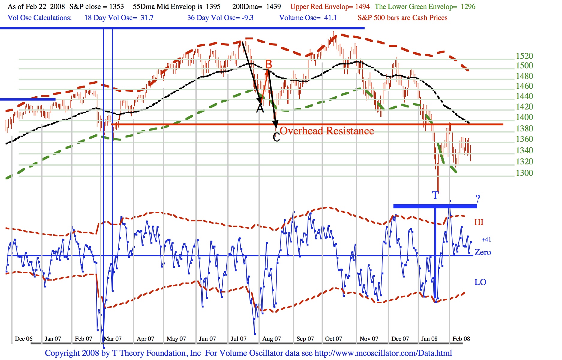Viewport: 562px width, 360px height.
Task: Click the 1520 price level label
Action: [x=524, y=56]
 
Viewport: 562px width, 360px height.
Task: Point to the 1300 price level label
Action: [x=524, y=173]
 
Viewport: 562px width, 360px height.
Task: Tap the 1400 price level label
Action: [x=524, y=117]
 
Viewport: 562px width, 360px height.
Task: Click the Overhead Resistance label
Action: [x=327, y=131]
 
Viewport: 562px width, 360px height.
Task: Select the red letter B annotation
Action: [x=269, y=64]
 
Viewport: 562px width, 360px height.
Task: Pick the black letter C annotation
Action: [x=276, y=137]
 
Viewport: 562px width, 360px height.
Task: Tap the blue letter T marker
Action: [x=435, y=196]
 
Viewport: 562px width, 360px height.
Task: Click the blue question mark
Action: [x=478, y=199]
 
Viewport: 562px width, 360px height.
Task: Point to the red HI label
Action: [x=479, y=222]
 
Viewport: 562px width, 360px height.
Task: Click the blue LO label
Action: [x=480, y=282]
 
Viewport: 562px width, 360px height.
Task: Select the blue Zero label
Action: [x=483, y=253]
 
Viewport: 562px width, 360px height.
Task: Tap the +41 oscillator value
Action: [x=486, y=240]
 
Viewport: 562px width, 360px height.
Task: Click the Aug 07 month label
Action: [x=272, y=339]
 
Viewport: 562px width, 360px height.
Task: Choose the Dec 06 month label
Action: [x=24, y=339]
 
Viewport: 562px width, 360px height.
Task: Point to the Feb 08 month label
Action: [x=461, y=339]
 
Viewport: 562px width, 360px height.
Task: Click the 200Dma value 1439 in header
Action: [x=274, y=7]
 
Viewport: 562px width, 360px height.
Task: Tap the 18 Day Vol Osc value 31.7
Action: [x=147, y=18]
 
